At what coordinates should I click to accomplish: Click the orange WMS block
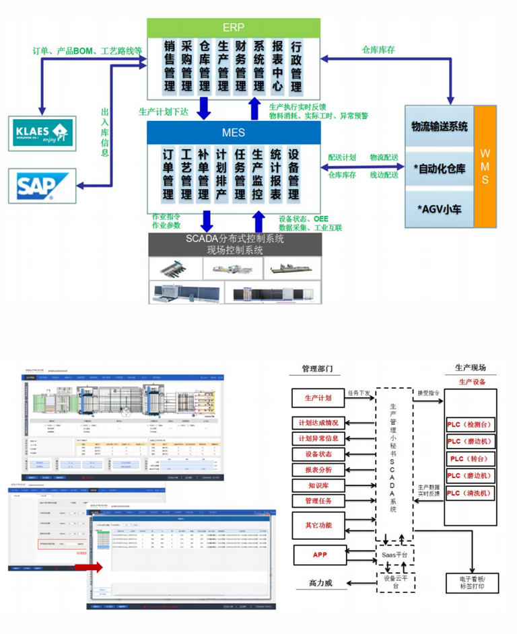[x=485, y=167]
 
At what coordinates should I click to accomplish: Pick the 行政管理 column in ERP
[x=296, y=66]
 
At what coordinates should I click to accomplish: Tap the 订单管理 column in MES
[x=169, y=173]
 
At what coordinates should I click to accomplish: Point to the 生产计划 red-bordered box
[x=317, y=398]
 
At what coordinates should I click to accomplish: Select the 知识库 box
[x=317, y=485]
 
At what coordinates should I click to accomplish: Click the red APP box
[x=319, y=555]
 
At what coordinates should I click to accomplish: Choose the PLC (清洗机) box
[x=470, y=493]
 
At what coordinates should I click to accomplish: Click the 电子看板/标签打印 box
[x=471, y=583]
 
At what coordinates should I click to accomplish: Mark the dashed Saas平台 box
[x=396, y=553]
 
